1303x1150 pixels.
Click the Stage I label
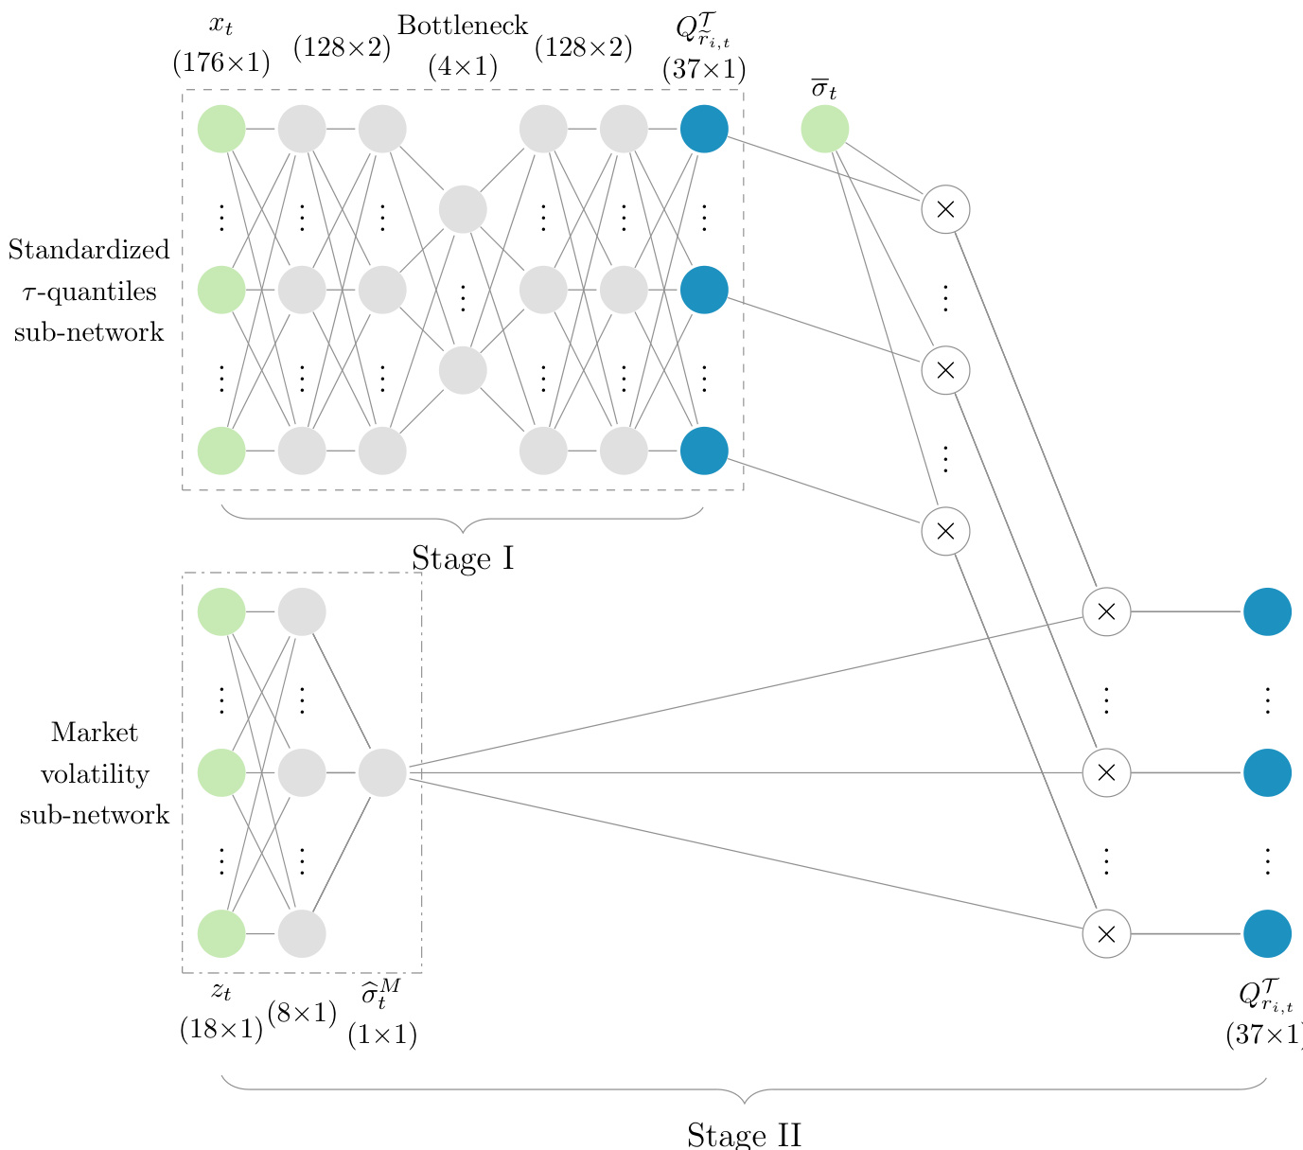[x=463, y=559]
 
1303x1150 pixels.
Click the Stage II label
[x=744, y=1135]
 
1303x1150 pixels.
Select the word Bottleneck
[x=463, y=26]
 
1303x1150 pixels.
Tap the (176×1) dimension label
[x=221, y=63]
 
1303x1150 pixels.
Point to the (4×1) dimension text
[x=463, y=67]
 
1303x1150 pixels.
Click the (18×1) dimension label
[x=221, y=1029]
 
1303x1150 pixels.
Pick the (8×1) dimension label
[x=303, y=1014]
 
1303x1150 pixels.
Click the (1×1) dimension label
[x=382, y=1035]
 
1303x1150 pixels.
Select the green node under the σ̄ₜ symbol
[x=824, y=129]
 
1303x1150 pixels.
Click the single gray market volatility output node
[x=382, y=772]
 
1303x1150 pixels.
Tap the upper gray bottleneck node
[x=463, y=209]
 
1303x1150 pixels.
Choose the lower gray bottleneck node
[x=463, y=370]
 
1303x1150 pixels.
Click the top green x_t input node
[x=221, y=129]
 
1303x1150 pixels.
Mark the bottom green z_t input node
[x=221, y=933]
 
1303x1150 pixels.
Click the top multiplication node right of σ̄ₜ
[x=945, y=209]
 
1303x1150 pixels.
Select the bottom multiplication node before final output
[x=1106, y=933]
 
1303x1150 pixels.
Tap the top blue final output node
[x=1267, y=611]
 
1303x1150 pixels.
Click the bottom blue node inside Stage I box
[x=704, y=451]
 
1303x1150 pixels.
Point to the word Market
[x=95, y=733]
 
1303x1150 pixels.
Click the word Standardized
[x=89, y=250]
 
